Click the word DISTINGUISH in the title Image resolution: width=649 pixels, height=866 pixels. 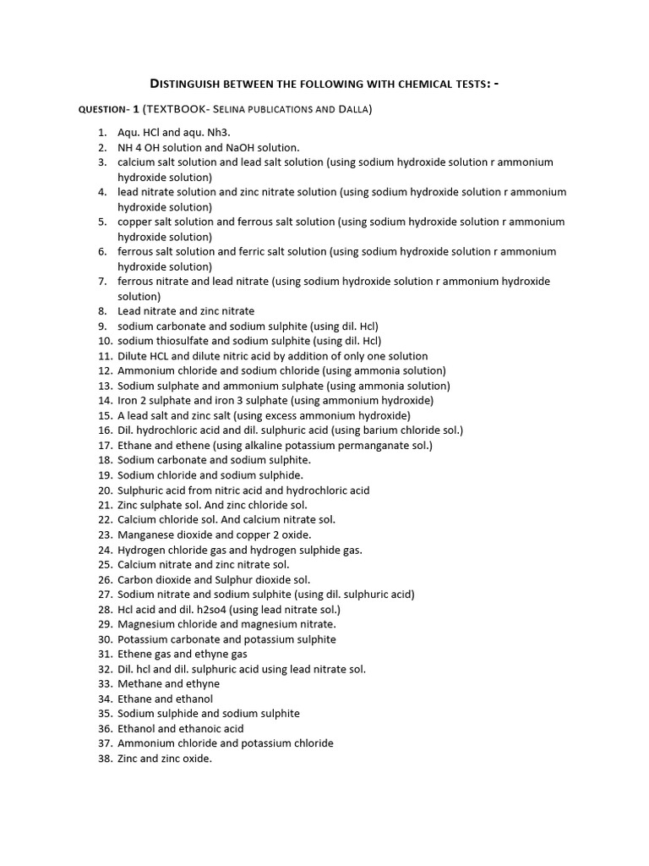pyautogui.click(x=190, y=83)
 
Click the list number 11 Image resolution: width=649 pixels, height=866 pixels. pyautogui.click(x=105, y=356)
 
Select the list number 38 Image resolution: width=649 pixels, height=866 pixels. pyautogui.click(x=105, y=759)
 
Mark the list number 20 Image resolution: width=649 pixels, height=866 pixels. pyautogui.click(x=105, y=490)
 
